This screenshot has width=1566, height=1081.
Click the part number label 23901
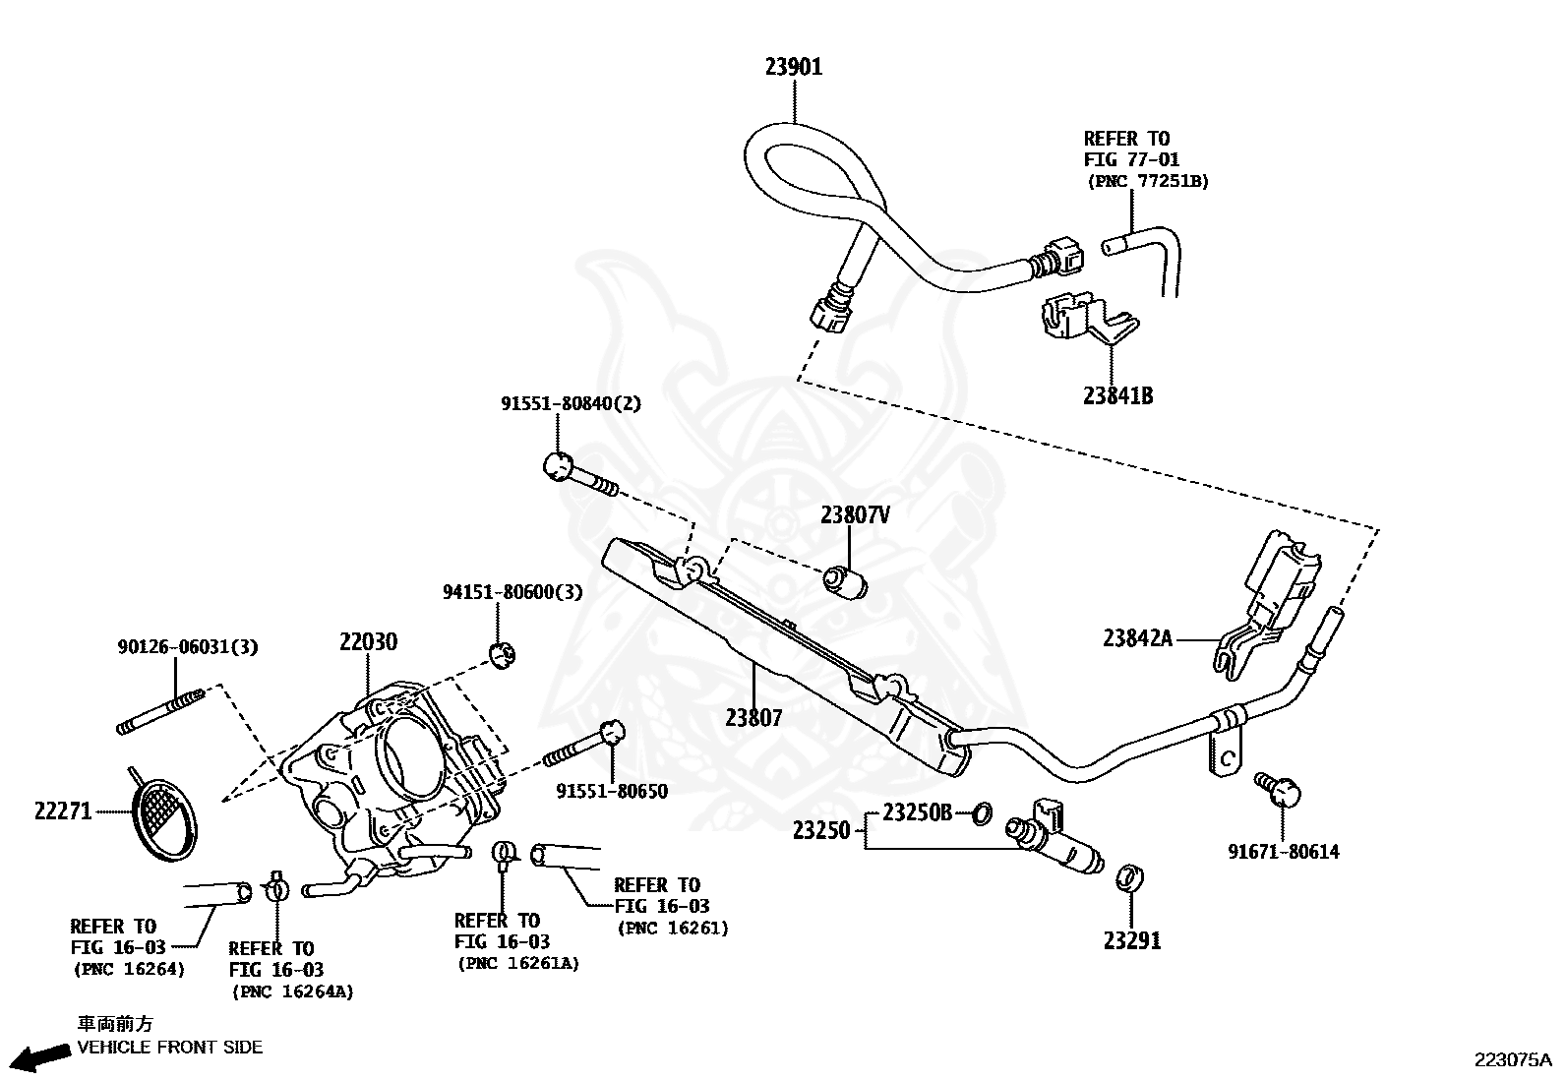(793, 67)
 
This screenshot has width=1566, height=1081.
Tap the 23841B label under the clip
(1117, 395)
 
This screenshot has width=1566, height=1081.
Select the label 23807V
(855, 514)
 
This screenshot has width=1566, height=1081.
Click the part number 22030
(368, 642)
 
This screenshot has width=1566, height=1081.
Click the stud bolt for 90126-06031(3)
(160, 712)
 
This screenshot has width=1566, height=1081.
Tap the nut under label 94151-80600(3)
(503, 653)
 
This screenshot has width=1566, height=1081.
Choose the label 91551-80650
(611, 791)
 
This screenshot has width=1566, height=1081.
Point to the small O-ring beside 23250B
(981, 813)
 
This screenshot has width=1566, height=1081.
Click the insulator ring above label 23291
(1130, 877)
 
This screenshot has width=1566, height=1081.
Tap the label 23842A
(1137, 638)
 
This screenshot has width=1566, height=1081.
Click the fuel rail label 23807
(753, 718)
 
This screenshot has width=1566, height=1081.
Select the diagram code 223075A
(1511, 1059)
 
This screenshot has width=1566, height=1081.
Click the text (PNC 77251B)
(1147, 181)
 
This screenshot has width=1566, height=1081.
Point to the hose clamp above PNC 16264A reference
(276, 888)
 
